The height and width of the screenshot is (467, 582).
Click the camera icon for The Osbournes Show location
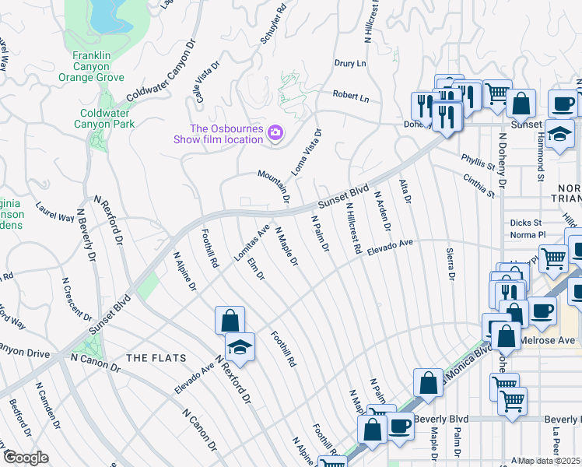click(x=275, y=134)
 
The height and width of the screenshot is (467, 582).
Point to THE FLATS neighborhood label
click(x=156, y=358)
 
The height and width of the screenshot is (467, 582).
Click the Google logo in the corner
click(x=25, y=458)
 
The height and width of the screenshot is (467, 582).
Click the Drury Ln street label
click(x=349, y=63)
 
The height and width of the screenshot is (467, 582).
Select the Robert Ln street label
click(x=351, y=97)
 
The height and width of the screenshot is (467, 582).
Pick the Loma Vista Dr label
click(x=307, y=151)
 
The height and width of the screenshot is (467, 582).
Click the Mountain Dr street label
click(x=275, y=188)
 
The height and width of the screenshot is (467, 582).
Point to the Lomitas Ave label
click(x=252, y=243)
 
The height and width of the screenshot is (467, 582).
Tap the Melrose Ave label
click(x=555, y=340)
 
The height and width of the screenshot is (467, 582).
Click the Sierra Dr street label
click(x=450, y=264)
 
